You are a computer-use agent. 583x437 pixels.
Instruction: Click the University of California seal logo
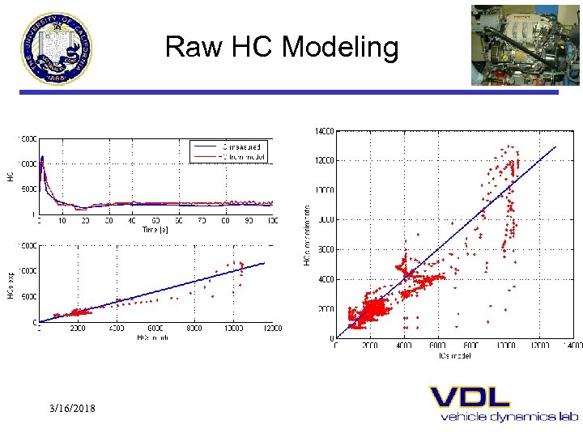click(x=57, y=49)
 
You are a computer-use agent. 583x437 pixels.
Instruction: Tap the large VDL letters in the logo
click(x=470, y=397)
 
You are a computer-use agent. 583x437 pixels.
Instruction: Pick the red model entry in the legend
click(x=229, y=155)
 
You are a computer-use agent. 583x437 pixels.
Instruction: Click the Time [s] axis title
click(x=155, y=230)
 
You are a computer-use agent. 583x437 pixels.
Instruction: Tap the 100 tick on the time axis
click(x=273, y=221)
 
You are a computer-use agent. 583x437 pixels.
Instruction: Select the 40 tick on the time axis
click(x=132, y=221)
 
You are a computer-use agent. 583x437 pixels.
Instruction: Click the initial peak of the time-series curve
click(x=43, y=157)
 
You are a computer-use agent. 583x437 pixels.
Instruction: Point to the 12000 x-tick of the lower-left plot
click(x=272, y=329)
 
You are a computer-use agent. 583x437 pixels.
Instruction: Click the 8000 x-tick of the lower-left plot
click(x=194, y=329)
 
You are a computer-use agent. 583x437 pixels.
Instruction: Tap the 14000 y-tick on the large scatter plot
click(x=324, y=130)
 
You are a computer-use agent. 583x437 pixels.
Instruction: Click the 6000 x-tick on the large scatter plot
click(x=438, y=346)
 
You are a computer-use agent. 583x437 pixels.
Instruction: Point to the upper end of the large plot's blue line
click(x=556, y=146)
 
